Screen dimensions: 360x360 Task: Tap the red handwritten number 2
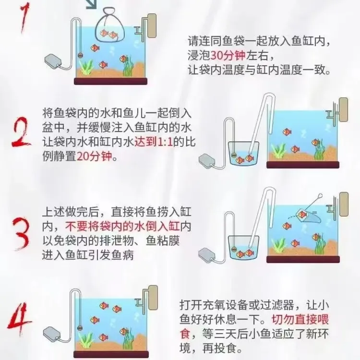click(22, 132)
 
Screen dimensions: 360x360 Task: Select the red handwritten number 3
click(22, 233)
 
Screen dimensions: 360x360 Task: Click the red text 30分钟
click(228, 56)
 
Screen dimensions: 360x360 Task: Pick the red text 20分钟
click(94, 157)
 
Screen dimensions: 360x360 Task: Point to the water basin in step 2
click(243, 153)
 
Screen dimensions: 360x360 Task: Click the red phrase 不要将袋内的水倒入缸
click(122, 227)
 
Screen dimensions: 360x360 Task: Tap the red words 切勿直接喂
click(300, 319)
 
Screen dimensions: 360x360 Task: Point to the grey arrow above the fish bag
click(92, 4)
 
